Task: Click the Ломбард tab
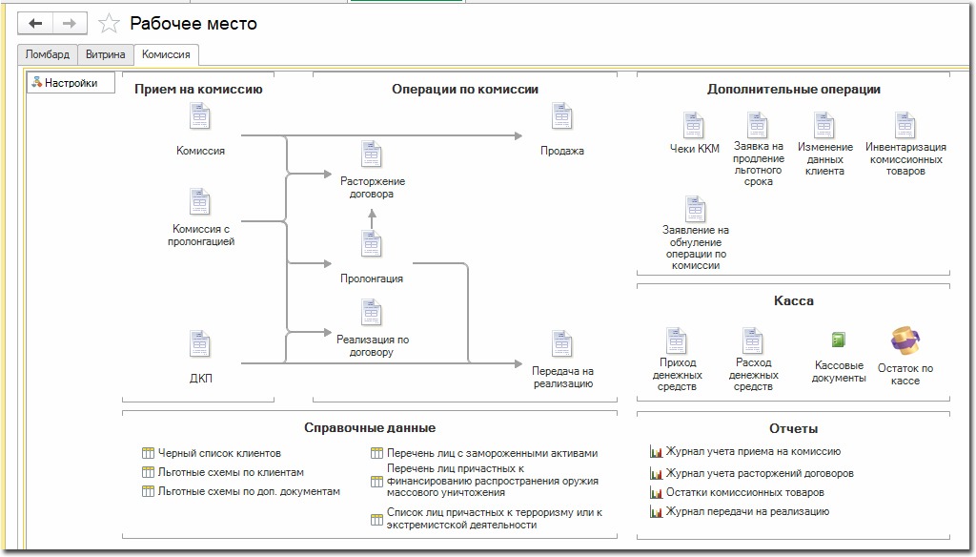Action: (x=47, y=54)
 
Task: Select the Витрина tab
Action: (x=105, y=54)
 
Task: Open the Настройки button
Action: (x=71, y=83)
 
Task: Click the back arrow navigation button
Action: (x=35, y=24)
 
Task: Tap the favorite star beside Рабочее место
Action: (x=110, y=24)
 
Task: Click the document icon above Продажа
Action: (x=562, y=117)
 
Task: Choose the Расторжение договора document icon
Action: (x=372, y=155)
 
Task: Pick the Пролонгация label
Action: (x=372, y=278)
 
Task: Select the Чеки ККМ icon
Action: (x=695, y=125)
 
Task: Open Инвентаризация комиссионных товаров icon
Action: (x=905, y=125)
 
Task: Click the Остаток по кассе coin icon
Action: (x=905, y=340)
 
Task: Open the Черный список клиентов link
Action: (x=219, y=453)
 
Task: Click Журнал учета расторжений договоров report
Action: (x=759, y=473)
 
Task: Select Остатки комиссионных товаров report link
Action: (x=744, y=492)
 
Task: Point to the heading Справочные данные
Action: (x=370, y=428)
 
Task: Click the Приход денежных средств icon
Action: (x=677, y=340)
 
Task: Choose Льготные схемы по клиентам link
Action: (x=231, y=472)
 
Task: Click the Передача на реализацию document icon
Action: (x=562, y=344)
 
